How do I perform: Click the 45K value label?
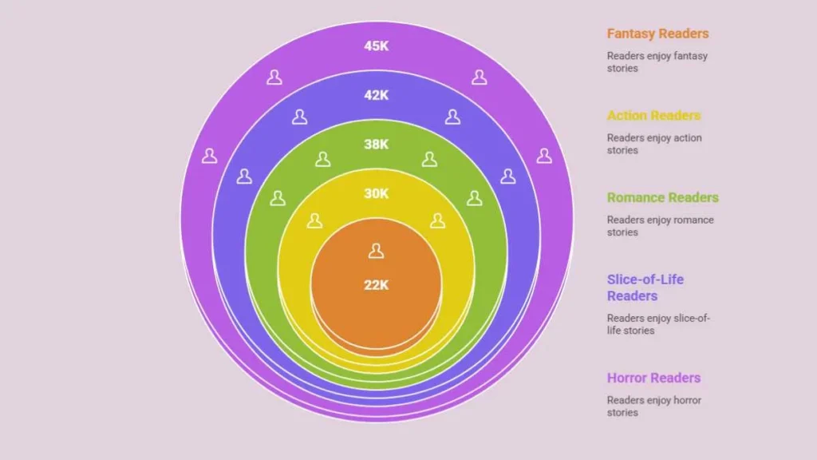[377, 46]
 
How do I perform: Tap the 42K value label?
[377, 95]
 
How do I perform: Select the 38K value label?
[377, 144]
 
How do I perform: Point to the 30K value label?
[377, 193]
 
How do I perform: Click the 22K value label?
[377, 285]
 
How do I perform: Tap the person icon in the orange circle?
[377, 251]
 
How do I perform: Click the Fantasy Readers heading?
[657, 34]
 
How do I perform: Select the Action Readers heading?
[653, 115]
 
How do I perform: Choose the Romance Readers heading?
[663, 197]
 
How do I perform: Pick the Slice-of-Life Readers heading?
[645, 287]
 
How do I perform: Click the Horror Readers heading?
[653, 378]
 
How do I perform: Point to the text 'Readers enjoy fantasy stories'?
[657, 62]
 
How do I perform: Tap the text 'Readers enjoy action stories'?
[654, 144]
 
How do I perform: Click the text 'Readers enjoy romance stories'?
[660, 226]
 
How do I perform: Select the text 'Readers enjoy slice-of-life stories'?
[658, 324]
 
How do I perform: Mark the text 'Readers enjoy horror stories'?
[654, 406]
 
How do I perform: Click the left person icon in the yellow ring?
[314, 220]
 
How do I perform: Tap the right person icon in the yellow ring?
[438, 220]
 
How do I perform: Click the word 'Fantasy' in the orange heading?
[630, 34]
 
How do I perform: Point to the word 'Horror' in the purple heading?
[626, 378]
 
